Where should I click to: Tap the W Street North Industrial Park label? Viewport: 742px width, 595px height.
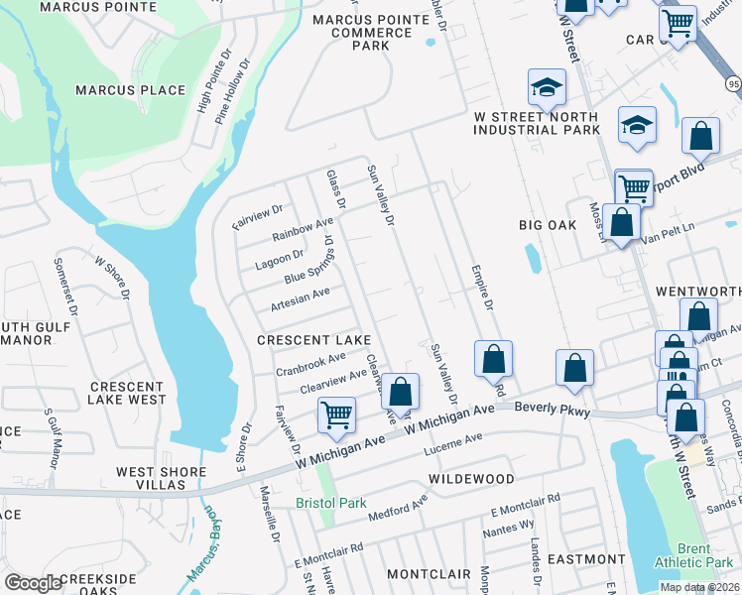[537, 123]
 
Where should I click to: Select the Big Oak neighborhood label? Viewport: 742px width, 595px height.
[547, 225]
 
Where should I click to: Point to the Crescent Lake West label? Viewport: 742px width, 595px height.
[127, 393]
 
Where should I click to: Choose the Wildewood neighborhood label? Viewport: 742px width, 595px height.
[471, 478]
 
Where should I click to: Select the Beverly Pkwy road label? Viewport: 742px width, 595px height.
[553, 410]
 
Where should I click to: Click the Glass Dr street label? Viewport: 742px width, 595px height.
[336, 189]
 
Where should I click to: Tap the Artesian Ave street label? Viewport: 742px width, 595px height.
[300, 298]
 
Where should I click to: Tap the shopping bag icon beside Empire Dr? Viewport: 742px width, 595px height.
[493, 358]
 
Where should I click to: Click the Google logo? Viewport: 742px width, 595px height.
[33, 583]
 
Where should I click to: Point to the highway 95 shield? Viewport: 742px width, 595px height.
[733, 85]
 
